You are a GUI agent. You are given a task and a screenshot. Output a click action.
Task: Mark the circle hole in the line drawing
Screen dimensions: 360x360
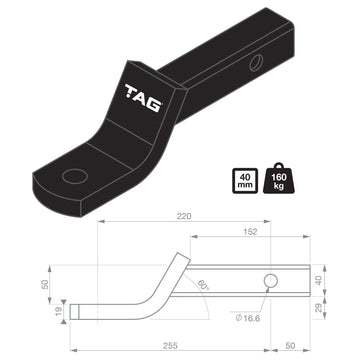(x=269, y=283)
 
